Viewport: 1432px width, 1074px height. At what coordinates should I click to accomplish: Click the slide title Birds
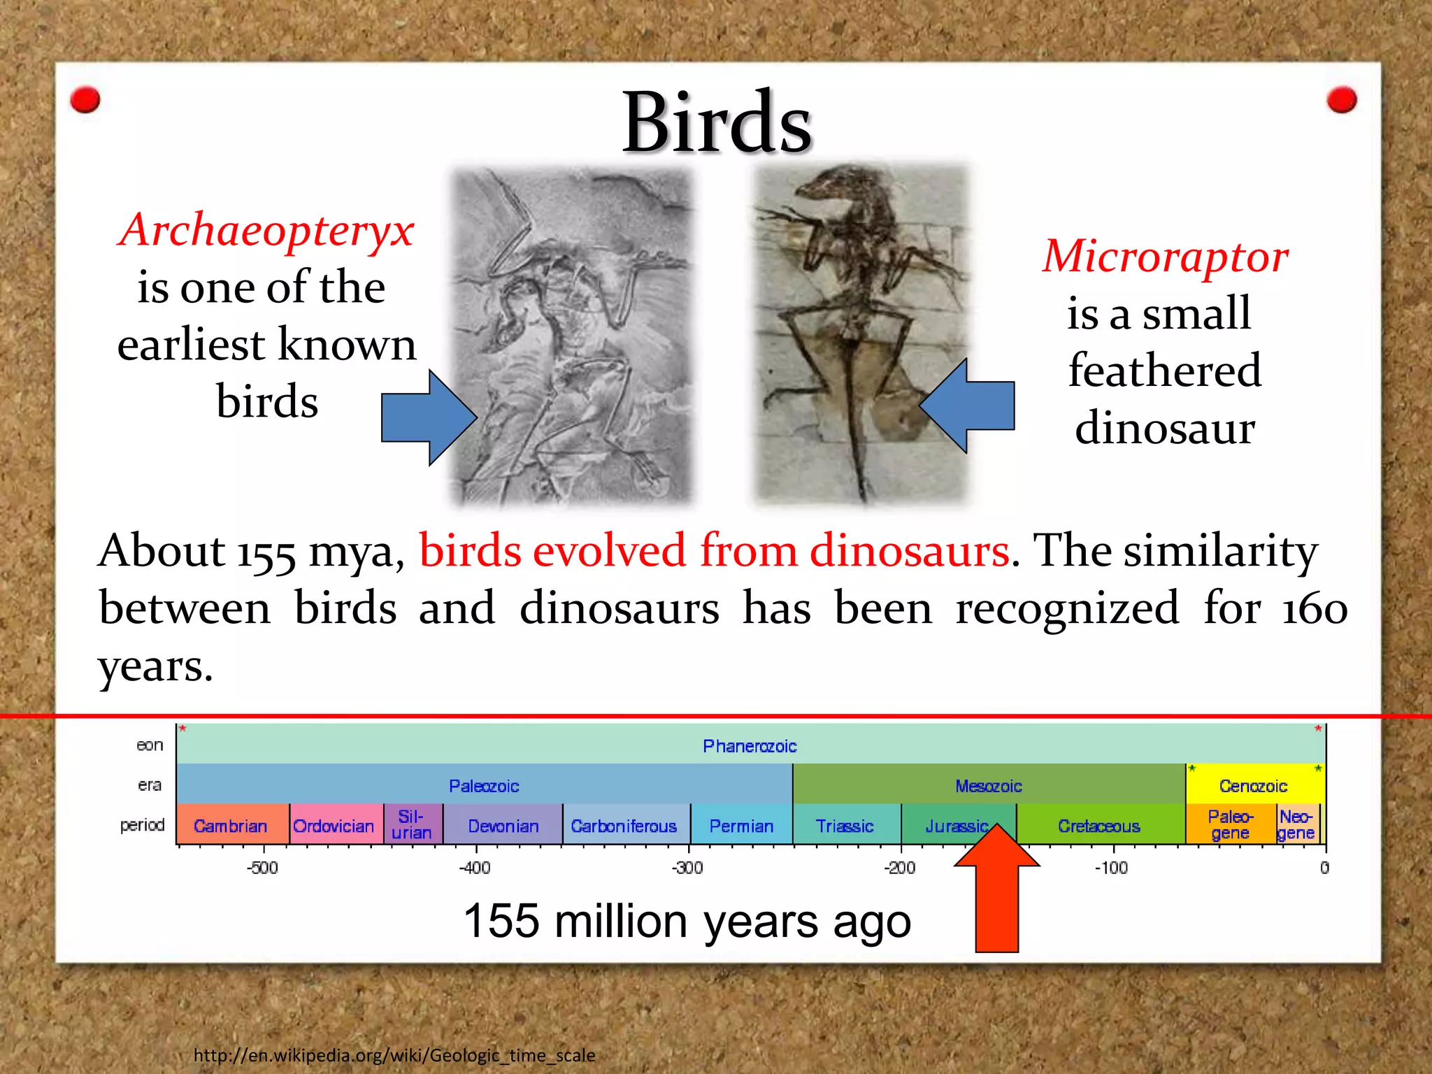click(717, 123)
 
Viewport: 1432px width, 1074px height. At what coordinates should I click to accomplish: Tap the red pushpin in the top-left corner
click(85, 100)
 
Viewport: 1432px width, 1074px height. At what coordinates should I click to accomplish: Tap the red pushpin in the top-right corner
click(1341, 100)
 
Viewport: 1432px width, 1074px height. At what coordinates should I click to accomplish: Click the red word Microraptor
click(1165, 256)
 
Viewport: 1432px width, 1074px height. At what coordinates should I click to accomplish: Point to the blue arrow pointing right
click(428, 418)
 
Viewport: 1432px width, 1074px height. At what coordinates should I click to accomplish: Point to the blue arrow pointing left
click(968, 406)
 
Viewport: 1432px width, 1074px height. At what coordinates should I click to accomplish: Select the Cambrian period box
click(231, 825)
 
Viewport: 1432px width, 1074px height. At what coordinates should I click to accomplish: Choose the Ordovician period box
click(335, 825)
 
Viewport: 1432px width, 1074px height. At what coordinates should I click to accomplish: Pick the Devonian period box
click(503, 825)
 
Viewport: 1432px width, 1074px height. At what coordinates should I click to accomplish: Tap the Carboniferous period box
click(624, 825)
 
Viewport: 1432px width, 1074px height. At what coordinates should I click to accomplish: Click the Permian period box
click(741, 825)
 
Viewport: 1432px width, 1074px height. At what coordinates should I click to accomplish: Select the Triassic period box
click(845, 825)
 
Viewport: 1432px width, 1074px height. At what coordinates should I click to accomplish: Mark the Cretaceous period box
click(1099, 825)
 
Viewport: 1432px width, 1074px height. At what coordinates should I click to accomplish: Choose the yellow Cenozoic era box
click(1254, 785)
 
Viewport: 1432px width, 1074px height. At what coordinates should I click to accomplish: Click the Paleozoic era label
click(484, 786)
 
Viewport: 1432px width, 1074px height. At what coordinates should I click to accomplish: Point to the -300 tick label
click(687, 868)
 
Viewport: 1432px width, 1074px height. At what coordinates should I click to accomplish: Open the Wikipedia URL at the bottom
click(394, 1054)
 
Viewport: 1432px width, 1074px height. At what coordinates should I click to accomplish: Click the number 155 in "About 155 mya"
click(266, 554)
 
